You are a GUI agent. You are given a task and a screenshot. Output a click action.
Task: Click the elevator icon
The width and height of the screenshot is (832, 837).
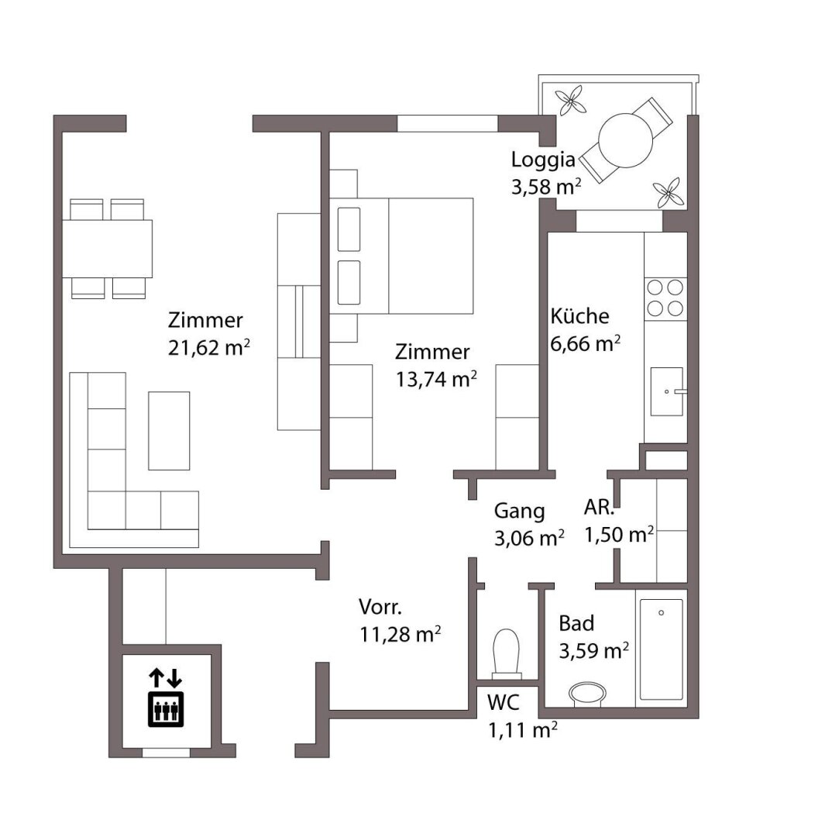[x=166, y=698]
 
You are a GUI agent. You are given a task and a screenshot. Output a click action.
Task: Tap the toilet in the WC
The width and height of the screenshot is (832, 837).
[x=507, y=652]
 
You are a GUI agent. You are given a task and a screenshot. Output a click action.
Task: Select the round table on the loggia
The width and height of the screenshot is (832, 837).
[x=625, y=139]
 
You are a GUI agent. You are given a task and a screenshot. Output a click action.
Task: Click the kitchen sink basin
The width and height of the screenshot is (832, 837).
[x=666, y=391]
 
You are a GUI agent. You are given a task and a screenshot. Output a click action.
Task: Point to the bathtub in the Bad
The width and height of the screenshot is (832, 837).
[x=662, y=649]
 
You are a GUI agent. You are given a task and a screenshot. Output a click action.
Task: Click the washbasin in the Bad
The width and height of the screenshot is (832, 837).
[x=587, y=694]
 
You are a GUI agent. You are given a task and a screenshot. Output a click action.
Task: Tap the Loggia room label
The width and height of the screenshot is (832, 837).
[x=543, y=160]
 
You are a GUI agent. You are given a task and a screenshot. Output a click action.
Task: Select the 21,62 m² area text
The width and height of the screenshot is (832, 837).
[x=209, y=348]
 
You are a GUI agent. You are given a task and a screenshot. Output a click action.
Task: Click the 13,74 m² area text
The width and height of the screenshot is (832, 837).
[x=436, y=380]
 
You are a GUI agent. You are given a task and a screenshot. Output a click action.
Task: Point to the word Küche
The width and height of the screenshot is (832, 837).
[x=579, y=316]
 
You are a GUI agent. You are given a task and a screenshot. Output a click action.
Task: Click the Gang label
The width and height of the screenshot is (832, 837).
[x=519, y=511]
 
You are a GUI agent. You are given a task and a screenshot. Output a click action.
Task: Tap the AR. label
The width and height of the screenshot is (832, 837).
[x=600, y=507]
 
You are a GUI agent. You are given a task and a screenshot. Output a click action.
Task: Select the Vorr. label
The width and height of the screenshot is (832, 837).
[x=380, y=607]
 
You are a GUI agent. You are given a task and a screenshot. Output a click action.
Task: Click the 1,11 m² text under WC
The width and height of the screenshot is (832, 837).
[x=523, y=730]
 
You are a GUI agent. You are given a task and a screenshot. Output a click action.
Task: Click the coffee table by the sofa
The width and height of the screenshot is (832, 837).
[x=169, y=431]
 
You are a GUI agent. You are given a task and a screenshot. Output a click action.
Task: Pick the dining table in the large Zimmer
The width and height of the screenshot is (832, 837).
[x=107, y=249]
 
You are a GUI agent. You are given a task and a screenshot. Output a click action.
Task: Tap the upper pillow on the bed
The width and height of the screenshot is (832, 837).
[x=349, y=229]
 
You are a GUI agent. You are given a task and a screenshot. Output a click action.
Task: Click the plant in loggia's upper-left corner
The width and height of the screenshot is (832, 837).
[x=570, y=100]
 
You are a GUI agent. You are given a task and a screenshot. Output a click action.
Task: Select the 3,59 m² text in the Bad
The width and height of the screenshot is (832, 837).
[x=593, y=651]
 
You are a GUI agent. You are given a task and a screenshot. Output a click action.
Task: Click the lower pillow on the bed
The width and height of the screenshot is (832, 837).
[x=349, y=282]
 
